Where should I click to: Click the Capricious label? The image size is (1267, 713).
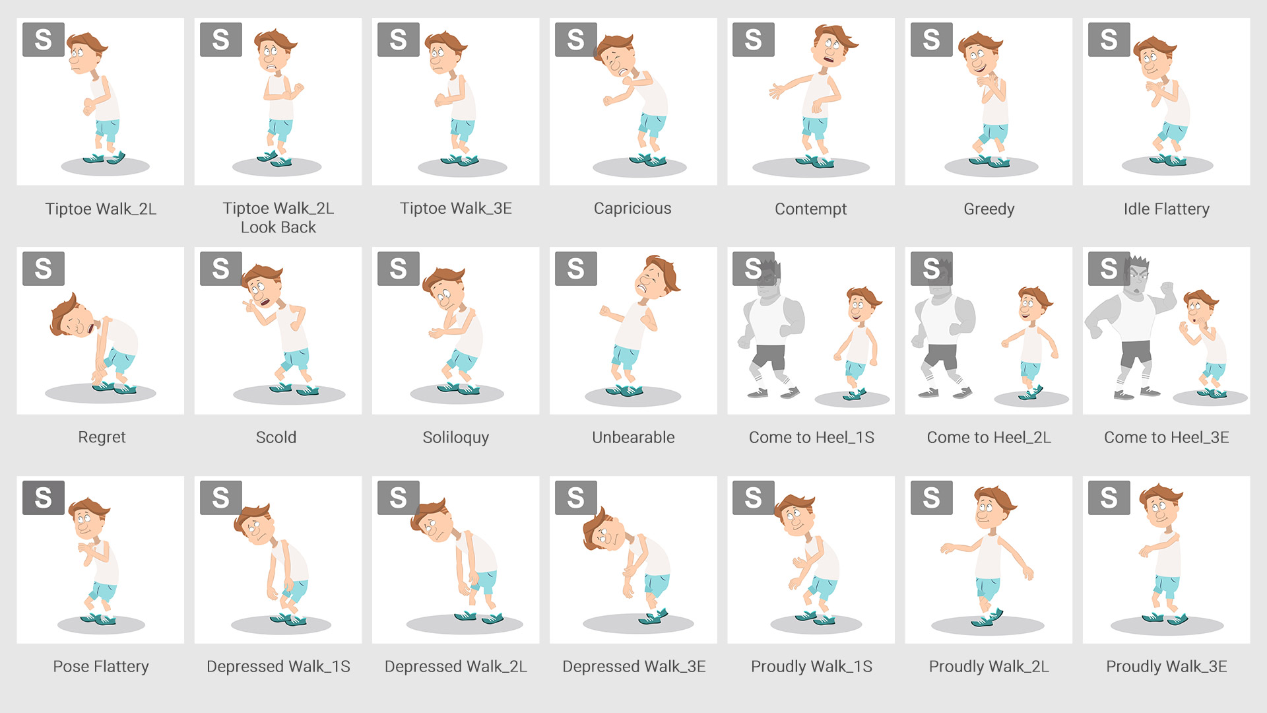click(632, 209)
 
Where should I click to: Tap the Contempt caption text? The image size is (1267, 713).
click(810, 209)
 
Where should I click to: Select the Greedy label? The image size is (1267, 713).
click(989, 209)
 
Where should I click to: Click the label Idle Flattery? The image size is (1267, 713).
click(1166, 209)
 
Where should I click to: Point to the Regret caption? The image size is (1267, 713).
click(102, 438)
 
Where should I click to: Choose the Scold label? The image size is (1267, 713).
click(276, 438)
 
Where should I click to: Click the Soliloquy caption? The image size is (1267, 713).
click(455, 438)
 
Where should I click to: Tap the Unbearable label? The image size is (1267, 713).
click(633, 438)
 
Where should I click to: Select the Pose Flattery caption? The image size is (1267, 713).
click(101, 667)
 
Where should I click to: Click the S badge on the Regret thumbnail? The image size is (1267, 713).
click(44, 269)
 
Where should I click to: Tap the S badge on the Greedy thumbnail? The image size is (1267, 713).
click(931, 40)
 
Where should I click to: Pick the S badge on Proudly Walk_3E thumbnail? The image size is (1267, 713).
click(1109, 498)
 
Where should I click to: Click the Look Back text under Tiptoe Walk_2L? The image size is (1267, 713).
click(278, 228)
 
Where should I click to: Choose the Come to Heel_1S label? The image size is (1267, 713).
click(811, 438)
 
